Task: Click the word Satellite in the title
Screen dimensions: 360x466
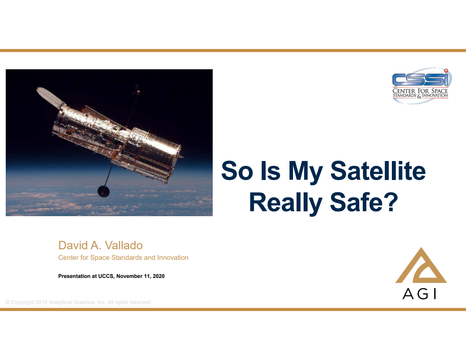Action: point(378,171)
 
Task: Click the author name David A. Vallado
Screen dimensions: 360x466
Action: point(100,245)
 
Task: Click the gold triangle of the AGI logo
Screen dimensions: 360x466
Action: point(421,266)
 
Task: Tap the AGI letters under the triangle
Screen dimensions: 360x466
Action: point(419,294)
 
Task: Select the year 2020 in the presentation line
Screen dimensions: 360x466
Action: point(157,277)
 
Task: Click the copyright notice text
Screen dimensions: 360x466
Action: point(79,302)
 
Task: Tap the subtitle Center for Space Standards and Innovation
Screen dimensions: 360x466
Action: point(123,258)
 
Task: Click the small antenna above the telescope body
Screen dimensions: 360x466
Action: point(137,91)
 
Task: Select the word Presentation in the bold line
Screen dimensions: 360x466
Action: point(75,277)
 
